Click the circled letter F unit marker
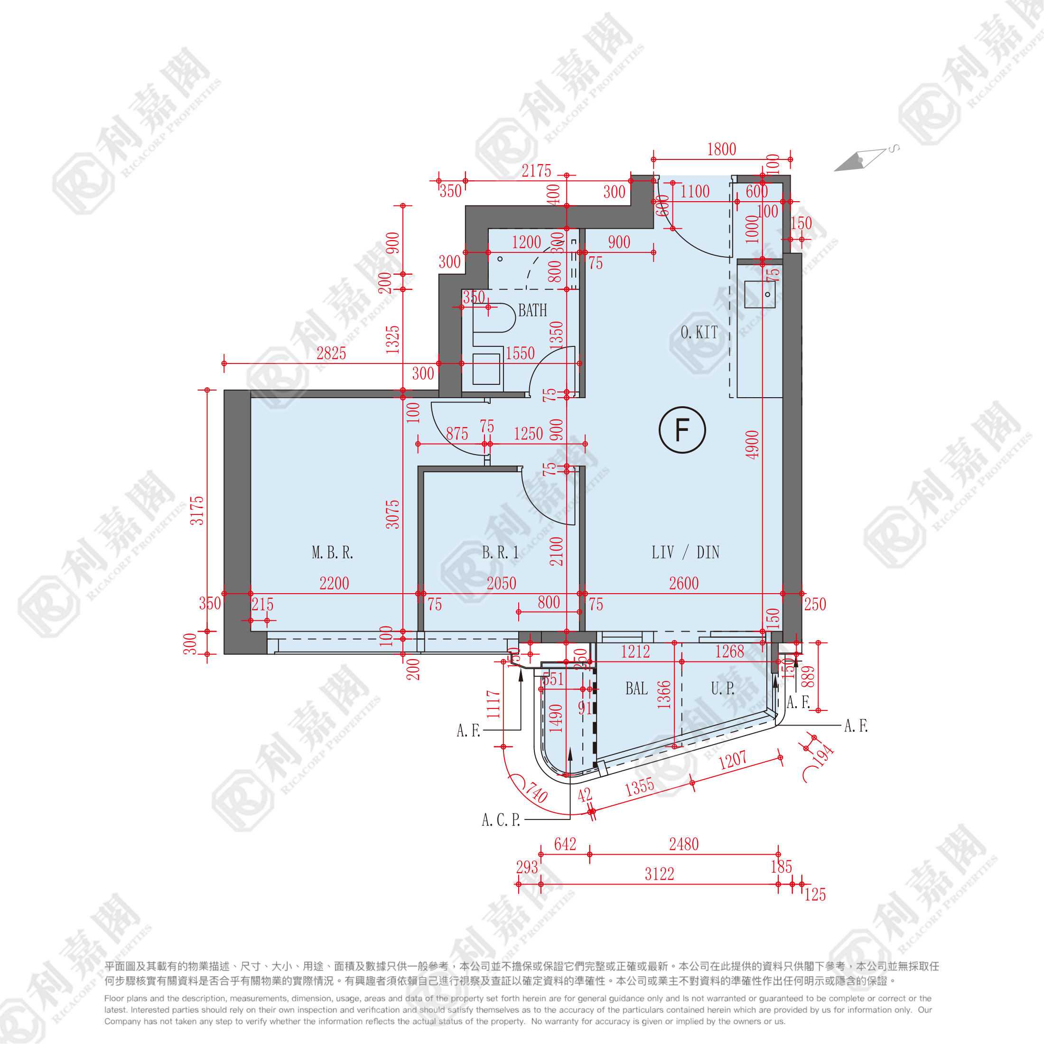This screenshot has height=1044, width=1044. coord(682,429)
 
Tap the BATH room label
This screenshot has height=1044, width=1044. coord(532,310)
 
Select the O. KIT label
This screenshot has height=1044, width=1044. coord(699,332)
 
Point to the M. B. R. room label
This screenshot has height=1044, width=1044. coord(332,552)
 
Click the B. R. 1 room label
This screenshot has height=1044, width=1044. coord(500,552)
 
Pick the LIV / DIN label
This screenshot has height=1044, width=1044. coord(685,552)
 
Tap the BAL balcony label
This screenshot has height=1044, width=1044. coord(636,689)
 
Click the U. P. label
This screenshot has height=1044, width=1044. coord(722,689)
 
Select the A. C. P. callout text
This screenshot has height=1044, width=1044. coord(500,820)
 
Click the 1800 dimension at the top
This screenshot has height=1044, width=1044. coord(721,149)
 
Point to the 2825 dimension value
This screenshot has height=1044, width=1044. coord(331,354)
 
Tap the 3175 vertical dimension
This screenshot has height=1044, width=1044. coord(197,510)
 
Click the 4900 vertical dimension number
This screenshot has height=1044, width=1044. coord(752,444)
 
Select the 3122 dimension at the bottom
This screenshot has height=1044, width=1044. coord(659,874)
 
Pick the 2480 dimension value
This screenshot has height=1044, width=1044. coord(683,844)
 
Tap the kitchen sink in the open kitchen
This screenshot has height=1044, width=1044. coord(760,295)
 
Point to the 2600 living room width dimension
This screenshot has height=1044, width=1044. coord(683,583)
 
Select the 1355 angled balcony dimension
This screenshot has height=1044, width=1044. coord(640,787)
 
